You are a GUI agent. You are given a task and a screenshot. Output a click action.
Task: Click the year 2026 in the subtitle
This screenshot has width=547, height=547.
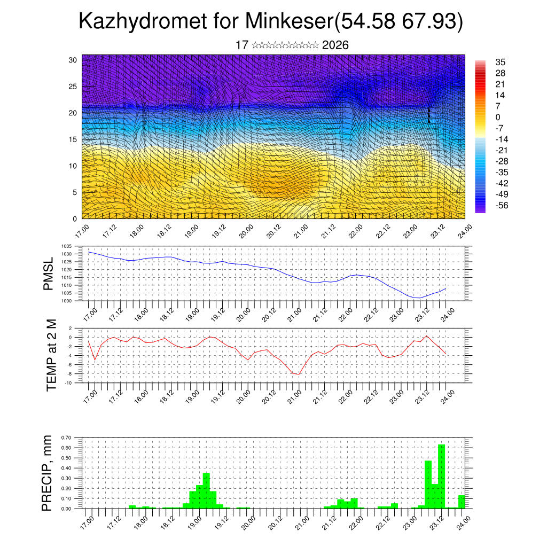[x=335, y=45]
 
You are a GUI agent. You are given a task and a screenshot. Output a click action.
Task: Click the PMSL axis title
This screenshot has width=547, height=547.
[x=49, y=273]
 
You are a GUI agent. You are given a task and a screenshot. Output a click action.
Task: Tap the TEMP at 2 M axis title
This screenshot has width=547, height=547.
[x=51, y=355]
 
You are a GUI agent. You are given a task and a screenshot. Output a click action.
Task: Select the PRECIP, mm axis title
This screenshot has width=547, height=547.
[x=48, y=473]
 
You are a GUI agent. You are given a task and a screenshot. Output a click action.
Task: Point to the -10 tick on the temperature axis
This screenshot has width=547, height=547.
[x=69, y=383]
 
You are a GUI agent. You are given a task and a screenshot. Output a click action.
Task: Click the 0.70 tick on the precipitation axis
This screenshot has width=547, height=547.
[x=66, y=437]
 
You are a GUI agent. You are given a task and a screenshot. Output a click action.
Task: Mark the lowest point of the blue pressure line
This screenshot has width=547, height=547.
[x=418, y=298]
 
